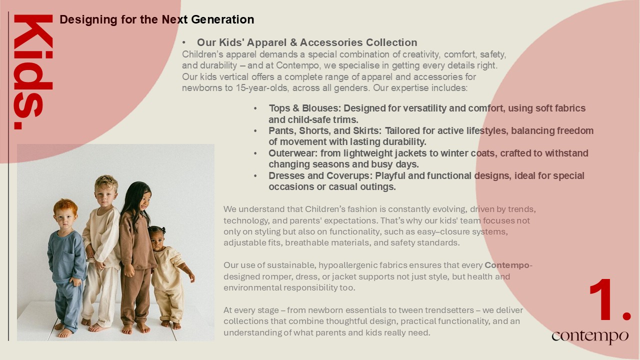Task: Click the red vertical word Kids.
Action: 33,72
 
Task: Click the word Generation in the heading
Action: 222,19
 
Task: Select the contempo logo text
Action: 590,336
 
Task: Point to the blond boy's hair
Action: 106,183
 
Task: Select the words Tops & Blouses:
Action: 305,108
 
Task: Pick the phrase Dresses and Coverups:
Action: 320,175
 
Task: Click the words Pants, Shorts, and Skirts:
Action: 325,131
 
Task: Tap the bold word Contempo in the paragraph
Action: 507,265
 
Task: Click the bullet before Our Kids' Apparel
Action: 184,43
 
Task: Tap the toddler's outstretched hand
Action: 191,276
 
